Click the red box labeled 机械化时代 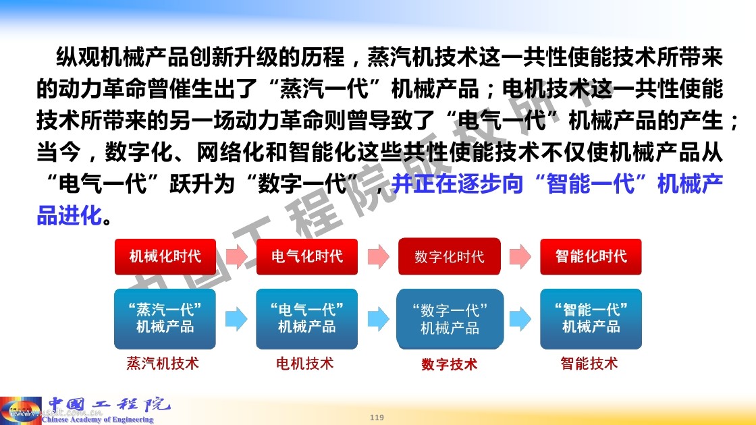pyautogui.click(x=165, y=257)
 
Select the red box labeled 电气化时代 pyautogui.click(x=307, y=257)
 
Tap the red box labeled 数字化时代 pyautogui.click(x=450, y=257)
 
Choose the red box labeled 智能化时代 pyautogui.click(x=591, y=257)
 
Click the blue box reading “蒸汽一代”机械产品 pyautogui.click(x=165, y=319)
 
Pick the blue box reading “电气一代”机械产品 pyautogui.click(x=306, y=319)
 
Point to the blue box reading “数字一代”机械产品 pyautogui.click(x=450, y=319)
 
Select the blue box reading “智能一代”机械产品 pyautogui.click(x=591, y=319)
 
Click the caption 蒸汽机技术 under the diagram pyautogui.click(x=163, y=364)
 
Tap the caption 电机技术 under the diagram pyautogui.click(x=304, y=364)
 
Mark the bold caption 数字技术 pyautogui.click(x=450, y=364)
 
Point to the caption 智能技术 pyautogui.click(x=589, y=364)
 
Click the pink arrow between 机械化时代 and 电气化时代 pyautogui.click(x=237, y=257)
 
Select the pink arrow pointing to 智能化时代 pyautogui.click(x=520, y=257)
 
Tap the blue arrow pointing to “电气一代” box pyautogui.click(x=236, y=319)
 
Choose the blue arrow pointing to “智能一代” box pyautogui.click(x=520, y=319)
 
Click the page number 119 pyautogui.click(x=377, y=418)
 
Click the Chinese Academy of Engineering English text pyautogui.click(x=97, y=419)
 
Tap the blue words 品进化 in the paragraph pyautogui.click(x=70, y=215)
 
